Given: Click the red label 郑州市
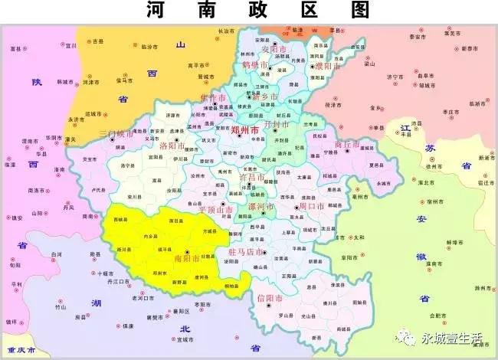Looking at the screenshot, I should (244, 131).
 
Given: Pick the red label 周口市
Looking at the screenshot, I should (312, 207).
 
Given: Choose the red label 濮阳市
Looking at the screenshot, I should (326, 67).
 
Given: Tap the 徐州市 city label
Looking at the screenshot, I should (440, 165).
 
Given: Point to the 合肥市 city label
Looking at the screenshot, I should (441, 315).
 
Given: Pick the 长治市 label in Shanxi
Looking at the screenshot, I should (225, 31).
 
